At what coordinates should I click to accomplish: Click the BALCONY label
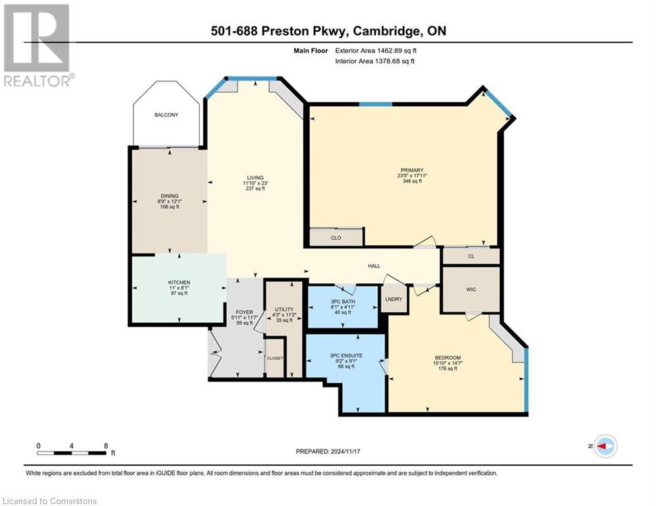click(x=166, y=115)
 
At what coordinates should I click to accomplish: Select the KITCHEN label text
click(x=179, y=283)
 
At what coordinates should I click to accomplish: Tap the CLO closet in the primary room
click(x=336, y=238)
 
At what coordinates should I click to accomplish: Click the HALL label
click(x=374, y=266)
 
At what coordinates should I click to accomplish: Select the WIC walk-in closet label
click(x=471, y=289)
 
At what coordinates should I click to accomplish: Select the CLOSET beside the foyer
click(x=275, y=358)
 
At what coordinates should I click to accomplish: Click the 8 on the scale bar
click(x=106, y=445)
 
